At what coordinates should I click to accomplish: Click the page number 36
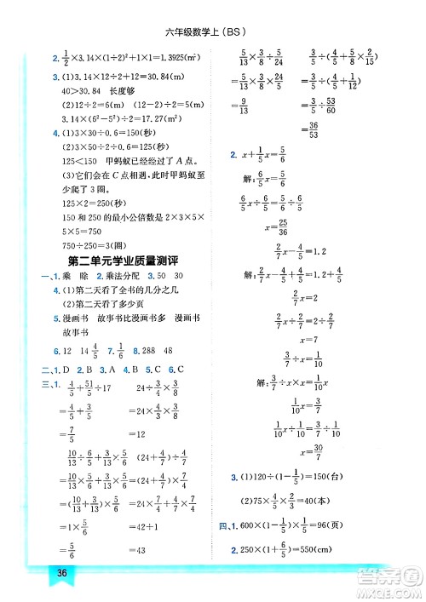tap(61, 572)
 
